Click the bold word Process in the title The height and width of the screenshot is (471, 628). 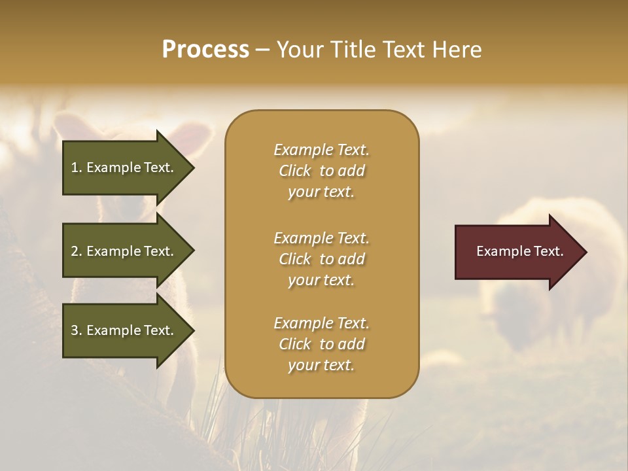205,50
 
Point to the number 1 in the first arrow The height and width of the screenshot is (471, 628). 75,167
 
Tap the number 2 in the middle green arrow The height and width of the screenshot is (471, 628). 75,251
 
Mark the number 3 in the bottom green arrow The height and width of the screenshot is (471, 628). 75,330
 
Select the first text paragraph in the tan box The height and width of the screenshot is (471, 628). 321,171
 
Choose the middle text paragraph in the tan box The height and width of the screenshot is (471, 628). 321,259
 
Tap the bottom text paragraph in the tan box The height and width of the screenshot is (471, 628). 321,344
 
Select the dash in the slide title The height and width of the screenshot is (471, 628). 263,50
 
